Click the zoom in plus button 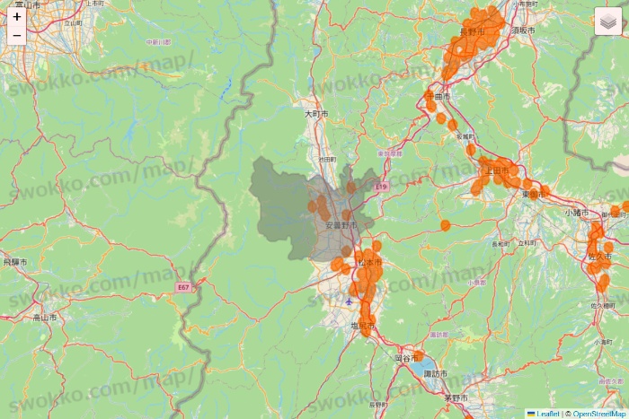point(17,16)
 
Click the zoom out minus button point(17,35)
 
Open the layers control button point(608,21)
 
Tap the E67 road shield point(183,287)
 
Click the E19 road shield point(381,187)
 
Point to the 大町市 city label point(316,114)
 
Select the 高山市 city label point(45,317)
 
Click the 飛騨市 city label point(15,262)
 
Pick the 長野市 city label point(472,31)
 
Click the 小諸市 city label point(577,212)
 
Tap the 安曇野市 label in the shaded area point(341,224)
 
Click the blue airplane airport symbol point(349,301)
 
